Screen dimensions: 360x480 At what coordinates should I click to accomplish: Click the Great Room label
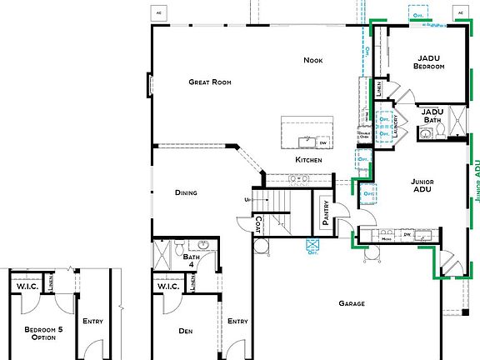[x=209, y=82]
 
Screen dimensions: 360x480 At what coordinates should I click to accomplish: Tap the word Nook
[x=312, y=60]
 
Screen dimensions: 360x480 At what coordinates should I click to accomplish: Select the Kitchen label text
[x=307, y=159]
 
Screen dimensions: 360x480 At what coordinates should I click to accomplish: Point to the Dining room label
[x=186, y=193]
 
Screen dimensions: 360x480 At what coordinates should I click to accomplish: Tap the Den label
[x=185, y=331]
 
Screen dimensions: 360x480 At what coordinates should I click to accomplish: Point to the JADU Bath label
[x=432, y=116]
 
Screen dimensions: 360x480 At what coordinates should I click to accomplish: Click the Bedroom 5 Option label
[x=39, y=332]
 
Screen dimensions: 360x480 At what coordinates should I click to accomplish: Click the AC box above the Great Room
[x=158, y=13]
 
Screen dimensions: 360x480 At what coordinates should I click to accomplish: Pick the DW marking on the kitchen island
[x=322, y=142]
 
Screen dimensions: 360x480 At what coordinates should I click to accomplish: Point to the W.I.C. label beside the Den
[x=168, y=288]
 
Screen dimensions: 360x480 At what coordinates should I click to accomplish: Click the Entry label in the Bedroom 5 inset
[x=92, y=321]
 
